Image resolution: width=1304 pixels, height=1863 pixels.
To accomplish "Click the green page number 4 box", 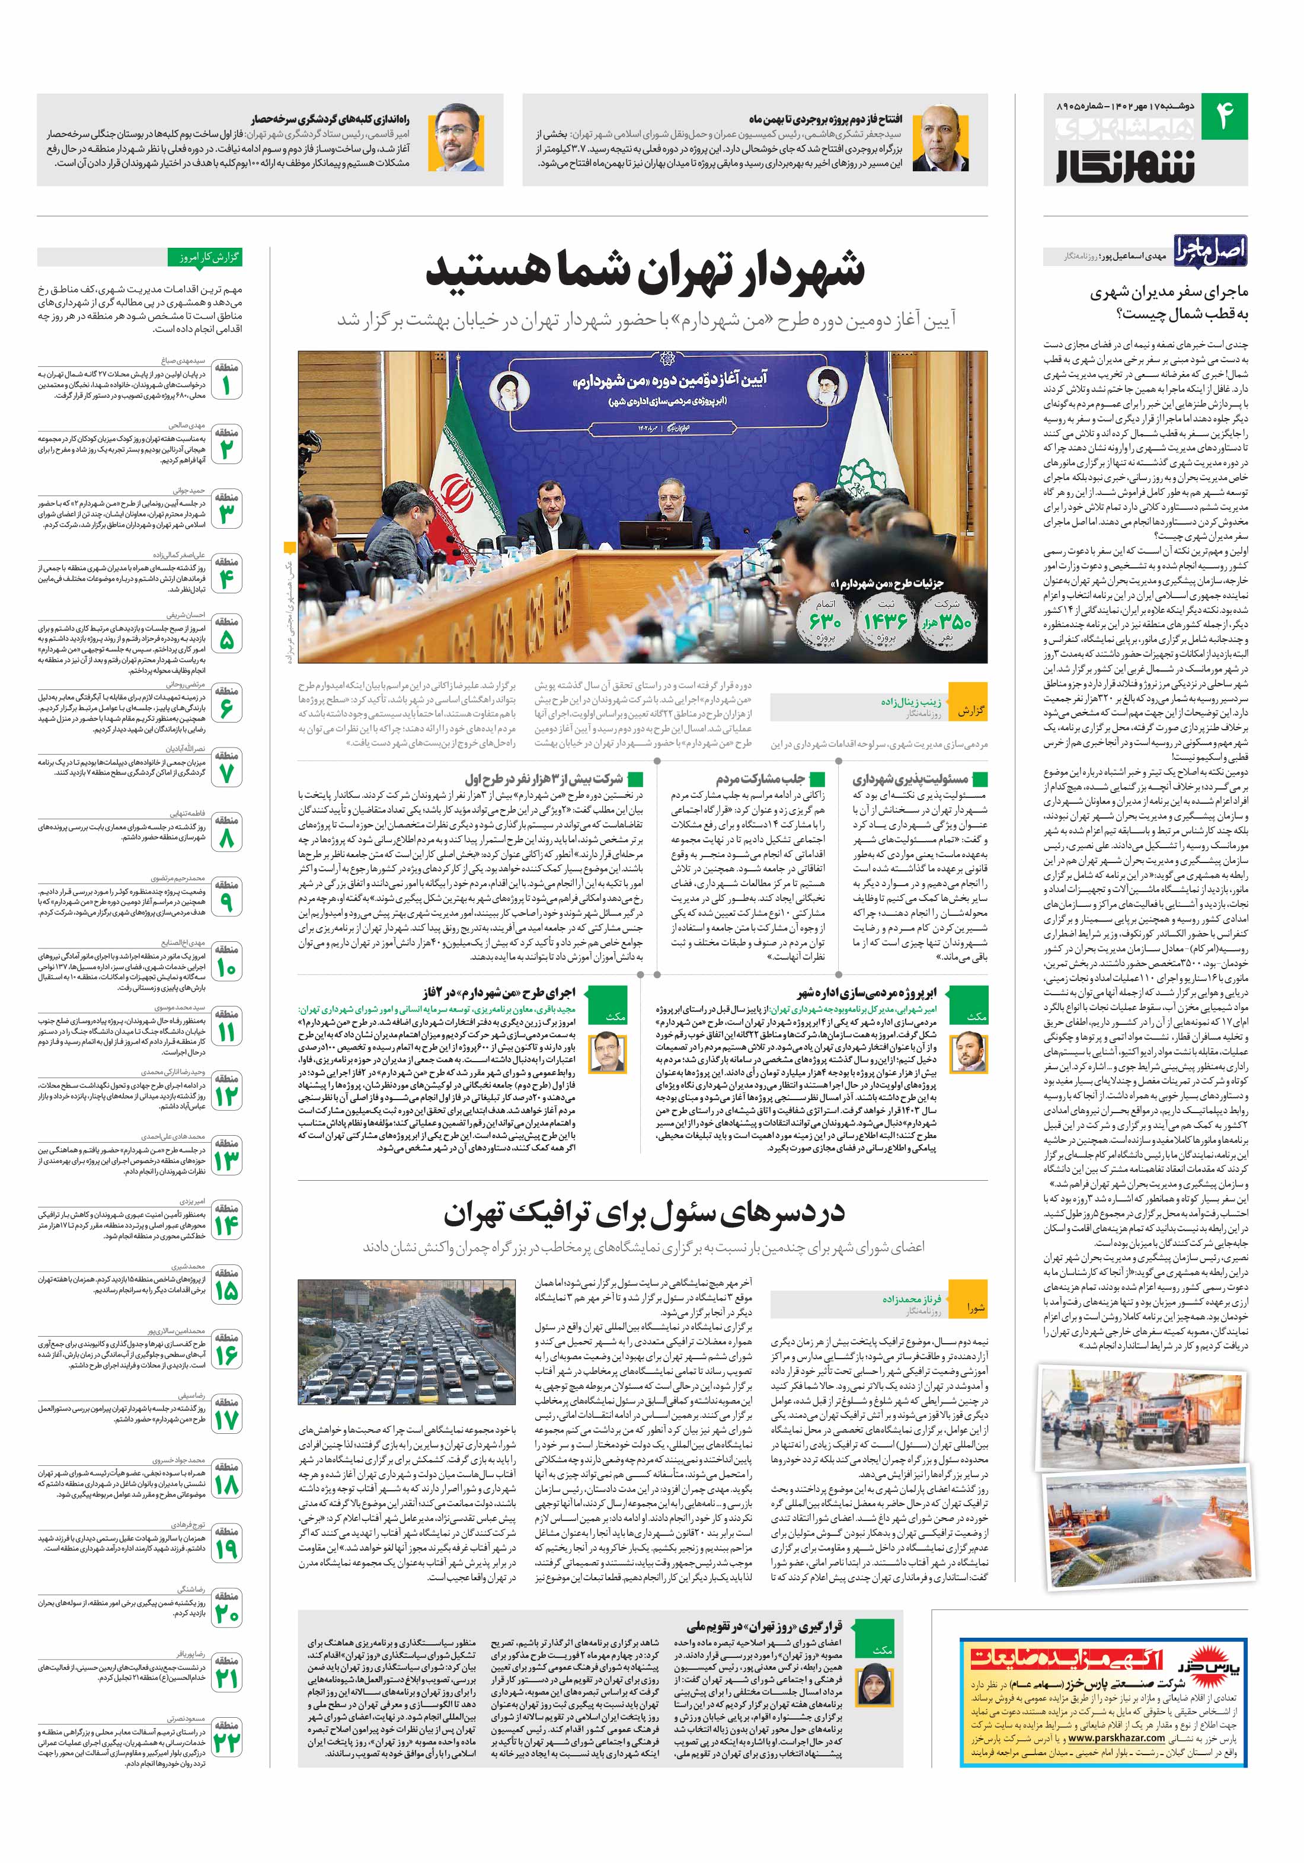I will [x=1223, y=114].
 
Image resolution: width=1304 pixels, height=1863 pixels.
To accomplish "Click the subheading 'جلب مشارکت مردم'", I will [x=747, y=779].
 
